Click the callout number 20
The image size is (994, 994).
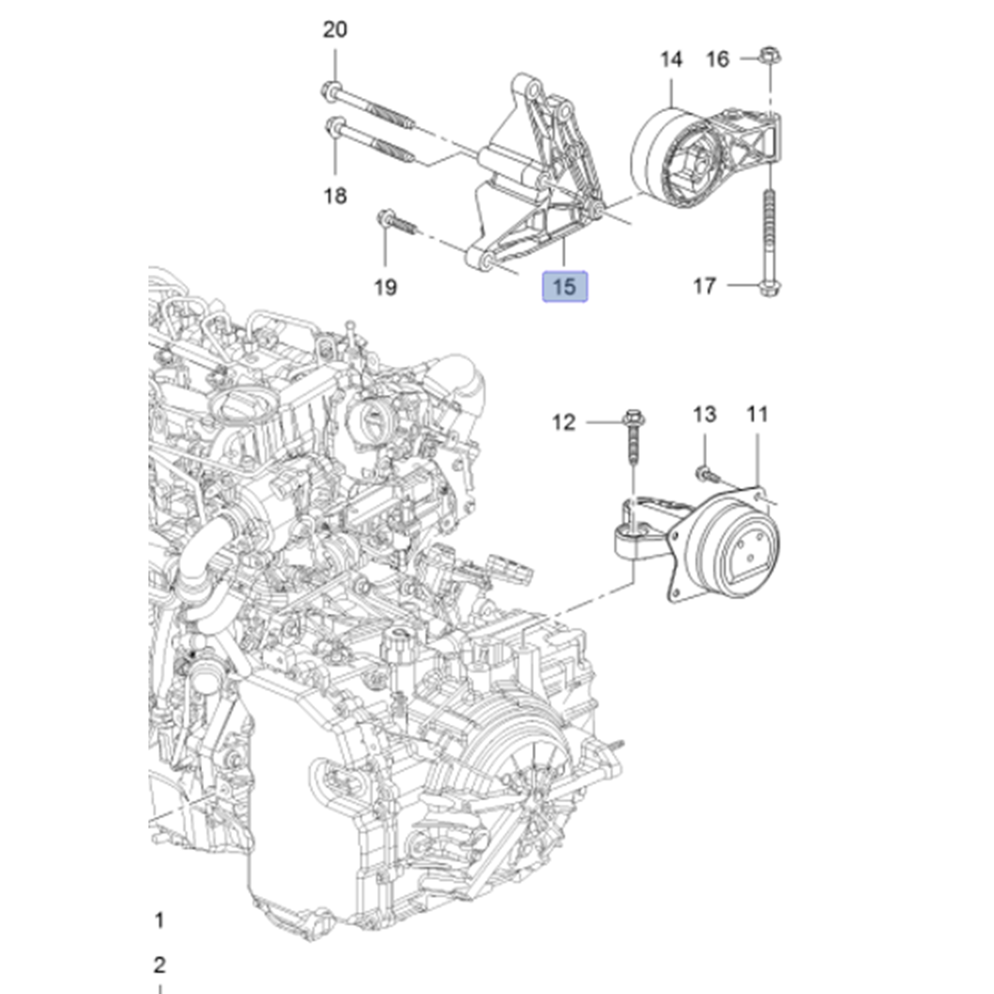[335, 30]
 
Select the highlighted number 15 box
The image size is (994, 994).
[565, 287]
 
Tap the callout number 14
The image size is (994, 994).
[671, 60]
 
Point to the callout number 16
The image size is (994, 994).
[718, 60]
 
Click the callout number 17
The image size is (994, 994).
[704, 286]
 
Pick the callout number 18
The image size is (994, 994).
[335, 195]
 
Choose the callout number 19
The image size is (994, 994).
[386, 287]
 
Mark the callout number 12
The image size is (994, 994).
[564, 422]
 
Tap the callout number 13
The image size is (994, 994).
[704, 415]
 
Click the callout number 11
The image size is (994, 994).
[757, 415]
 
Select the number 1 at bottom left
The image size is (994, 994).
[159, 920]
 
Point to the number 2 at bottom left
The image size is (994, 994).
[159, 965]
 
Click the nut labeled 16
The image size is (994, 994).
[769, 55]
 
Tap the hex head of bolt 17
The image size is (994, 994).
[769, 288]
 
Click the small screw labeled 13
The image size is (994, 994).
[704, 473]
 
